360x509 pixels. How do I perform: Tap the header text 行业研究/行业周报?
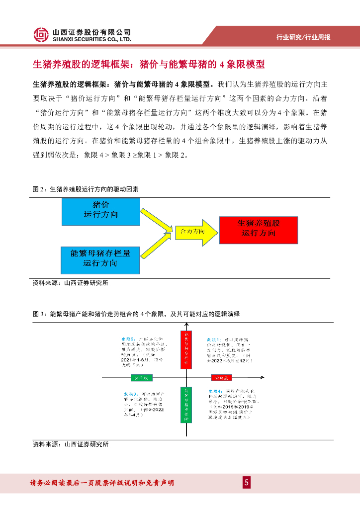coord(303,37)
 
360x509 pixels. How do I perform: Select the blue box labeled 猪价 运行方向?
coord(101,211)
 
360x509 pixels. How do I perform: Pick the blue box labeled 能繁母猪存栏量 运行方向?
coord(100,258)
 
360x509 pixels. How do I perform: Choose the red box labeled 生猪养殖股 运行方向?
coord(258,230)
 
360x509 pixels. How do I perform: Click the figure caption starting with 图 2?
coord(86,189)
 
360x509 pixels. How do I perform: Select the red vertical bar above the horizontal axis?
coord(185,349)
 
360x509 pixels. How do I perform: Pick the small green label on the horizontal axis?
coord(141,378)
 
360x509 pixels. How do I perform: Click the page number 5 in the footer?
coord(246,483)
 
